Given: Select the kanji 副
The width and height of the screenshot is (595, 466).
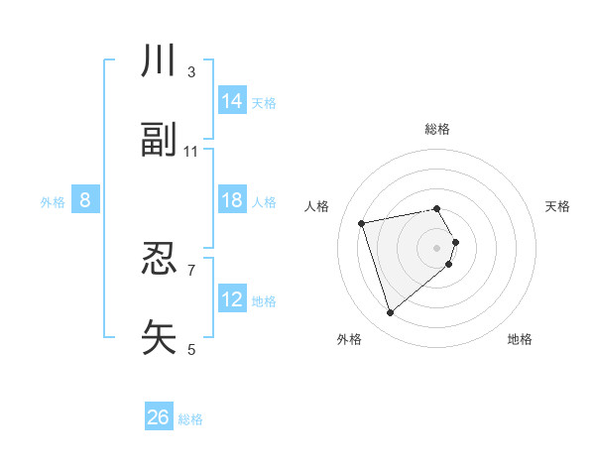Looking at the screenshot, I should click(159, 142).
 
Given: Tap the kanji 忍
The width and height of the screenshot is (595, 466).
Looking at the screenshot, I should click(159, 260).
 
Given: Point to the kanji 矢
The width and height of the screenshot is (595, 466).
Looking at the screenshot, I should click(159, 338).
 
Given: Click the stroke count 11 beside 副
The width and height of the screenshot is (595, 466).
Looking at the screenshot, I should click(191, 152).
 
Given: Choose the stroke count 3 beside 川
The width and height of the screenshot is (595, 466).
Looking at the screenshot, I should click(191, 72).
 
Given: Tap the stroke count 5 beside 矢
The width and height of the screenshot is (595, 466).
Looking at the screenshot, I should click(191, 349).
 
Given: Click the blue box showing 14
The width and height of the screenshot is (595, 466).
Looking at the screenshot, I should click(232, 101).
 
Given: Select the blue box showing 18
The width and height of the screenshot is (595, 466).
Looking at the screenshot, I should click(232, 200).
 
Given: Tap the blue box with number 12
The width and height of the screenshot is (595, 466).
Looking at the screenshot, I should click(232, 299).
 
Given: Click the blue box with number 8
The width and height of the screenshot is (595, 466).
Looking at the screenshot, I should click(85, 200).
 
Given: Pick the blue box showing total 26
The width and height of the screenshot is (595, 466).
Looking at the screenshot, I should click(159, 417).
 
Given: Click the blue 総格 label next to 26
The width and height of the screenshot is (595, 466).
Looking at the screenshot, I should click(190, 419).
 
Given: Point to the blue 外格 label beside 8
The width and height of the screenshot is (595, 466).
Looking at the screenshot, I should click(53, 202).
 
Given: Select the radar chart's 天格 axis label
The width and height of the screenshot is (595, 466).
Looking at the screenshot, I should click(557, 206).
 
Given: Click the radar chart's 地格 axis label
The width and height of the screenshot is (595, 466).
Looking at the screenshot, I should click(520, 339).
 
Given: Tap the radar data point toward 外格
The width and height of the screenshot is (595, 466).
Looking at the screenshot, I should click(390, 313).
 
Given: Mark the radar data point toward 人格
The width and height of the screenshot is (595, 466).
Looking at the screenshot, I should click(362, 222).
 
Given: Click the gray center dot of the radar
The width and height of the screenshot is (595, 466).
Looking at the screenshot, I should click(437, 247).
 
